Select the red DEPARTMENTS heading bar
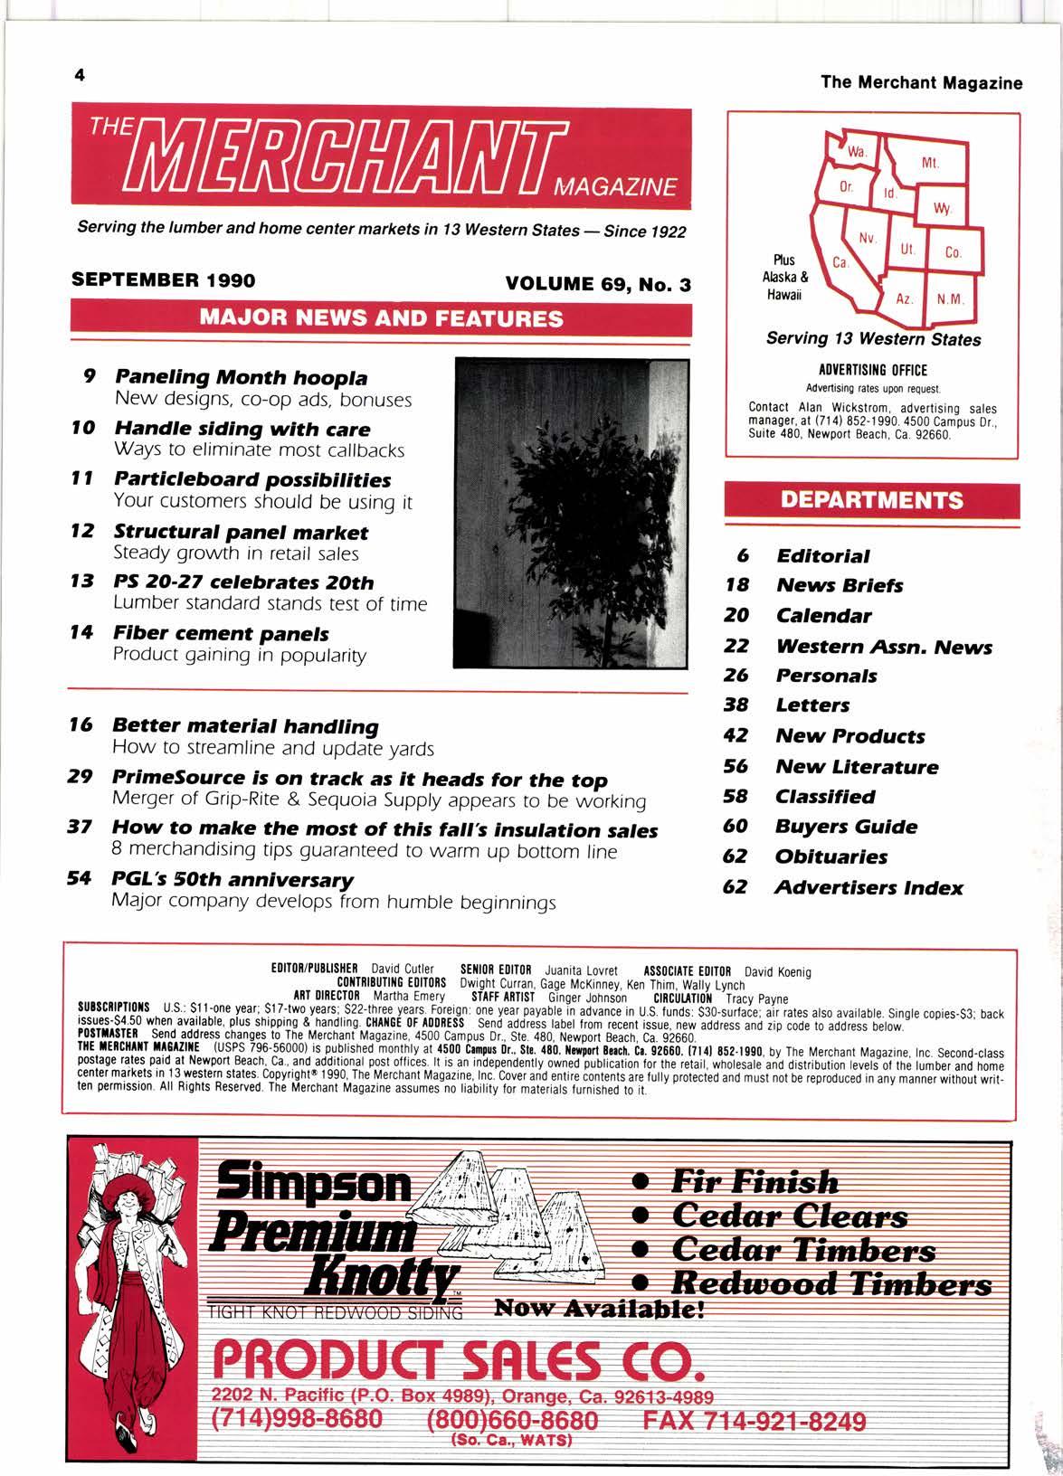point(872,500)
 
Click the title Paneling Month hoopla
point(241,377)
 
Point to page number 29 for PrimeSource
point(76,778)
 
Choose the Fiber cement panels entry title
point(221,634)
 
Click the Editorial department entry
point(822,555)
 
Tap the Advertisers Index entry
point(868,887)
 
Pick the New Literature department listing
point(857,767)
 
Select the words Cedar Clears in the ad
point(789,1216)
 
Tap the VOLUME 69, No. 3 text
point(598,284)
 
